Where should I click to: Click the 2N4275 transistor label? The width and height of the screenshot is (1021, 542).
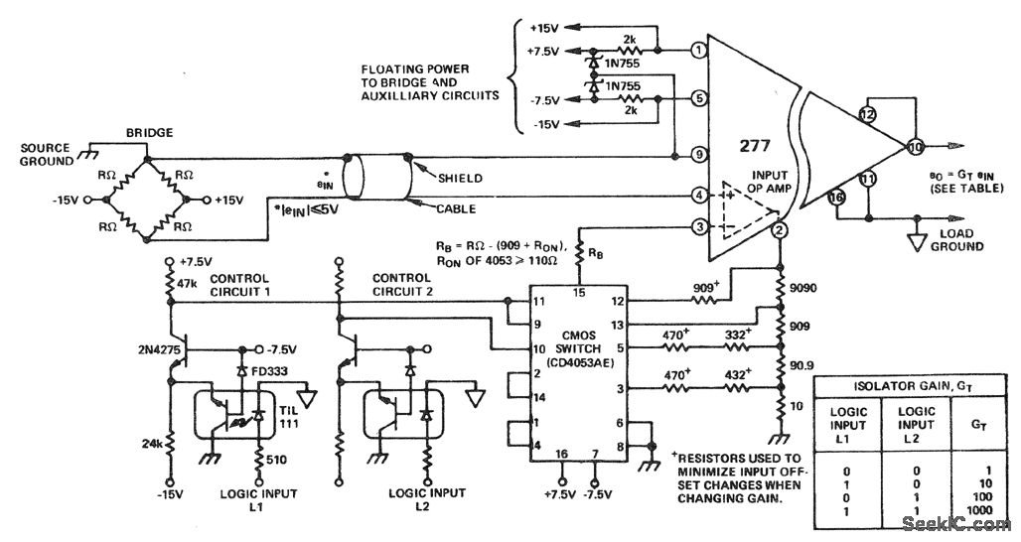click(147, 350)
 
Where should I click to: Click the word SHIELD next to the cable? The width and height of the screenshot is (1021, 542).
click(460, 178)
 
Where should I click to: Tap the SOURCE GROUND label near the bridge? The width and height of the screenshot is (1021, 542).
click(48, 154)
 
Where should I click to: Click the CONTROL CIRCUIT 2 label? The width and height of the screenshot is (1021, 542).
click(402, 285)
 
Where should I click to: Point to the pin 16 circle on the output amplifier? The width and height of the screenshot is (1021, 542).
click(837, 199)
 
